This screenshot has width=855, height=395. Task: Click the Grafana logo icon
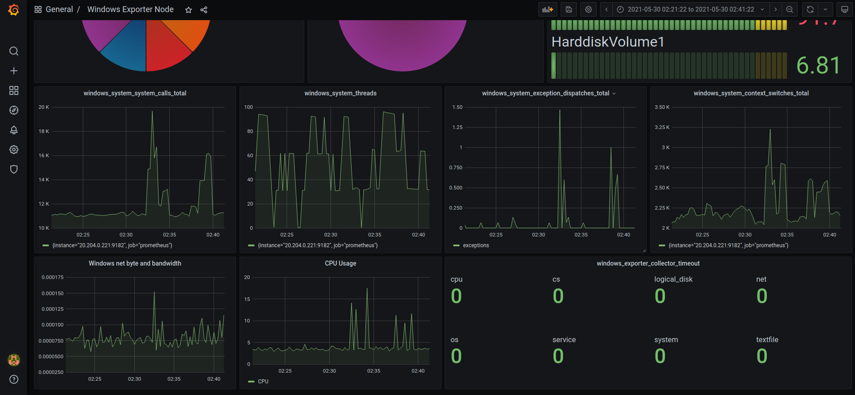click(14, 9)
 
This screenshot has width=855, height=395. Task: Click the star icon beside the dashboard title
click(189, 10)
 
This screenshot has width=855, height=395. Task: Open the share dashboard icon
click(204, 10)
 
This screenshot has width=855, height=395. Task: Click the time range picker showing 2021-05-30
click(690, 9)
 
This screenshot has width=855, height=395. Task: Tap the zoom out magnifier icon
click(790, 9)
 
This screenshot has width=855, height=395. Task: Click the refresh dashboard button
click(810, 9)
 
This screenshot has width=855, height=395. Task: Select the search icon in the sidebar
click(14, 51)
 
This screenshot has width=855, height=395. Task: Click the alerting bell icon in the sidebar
click(14, 130)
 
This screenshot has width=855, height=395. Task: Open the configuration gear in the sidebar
click(14, 150)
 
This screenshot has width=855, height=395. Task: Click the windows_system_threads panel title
click(340, 93)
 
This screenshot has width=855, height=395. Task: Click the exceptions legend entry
click(476, 245)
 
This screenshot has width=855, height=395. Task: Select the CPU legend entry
click(263, 382)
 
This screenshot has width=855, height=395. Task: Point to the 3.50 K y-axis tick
click(662, 107)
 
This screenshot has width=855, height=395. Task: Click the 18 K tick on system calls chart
click(44, 132)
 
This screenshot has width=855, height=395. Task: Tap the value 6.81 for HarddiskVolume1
click(818, 66)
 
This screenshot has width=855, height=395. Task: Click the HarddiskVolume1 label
click(608, 42)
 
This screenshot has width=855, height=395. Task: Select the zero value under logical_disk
click(660, 296)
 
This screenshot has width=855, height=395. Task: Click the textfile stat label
click(767, 340)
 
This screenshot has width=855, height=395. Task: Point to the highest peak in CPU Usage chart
click(367, 289)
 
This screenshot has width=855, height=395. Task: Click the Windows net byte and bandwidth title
click(135, 263)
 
